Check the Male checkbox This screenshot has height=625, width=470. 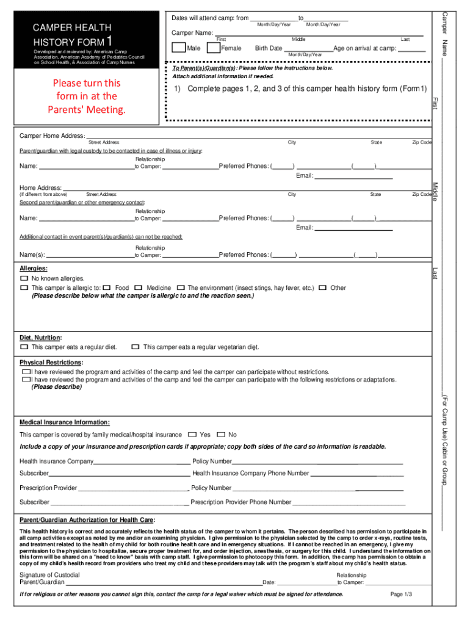click(179, 48)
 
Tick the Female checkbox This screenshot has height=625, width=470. click(214, 48)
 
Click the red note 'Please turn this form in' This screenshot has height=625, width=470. click(87, 96)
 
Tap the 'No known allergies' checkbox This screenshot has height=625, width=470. click(24, 278)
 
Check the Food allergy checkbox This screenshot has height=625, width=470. click(107, 287)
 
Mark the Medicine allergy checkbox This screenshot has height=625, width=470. click(139, 287)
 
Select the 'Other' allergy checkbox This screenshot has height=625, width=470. click(322, 287)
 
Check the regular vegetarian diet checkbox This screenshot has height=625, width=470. click(136, 347)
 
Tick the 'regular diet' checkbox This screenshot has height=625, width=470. click(24, 347)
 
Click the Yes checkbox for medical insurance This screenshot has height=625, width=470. click(192, 435)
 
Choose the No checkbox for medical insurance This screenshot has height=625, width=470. click(221, 435)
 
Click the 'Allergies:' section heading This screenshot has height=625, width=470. click(34, 269)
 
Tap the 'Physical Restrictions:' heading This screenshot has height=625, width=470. click(51, 363)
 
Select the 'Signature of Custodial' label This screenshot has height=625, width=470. click(49, 575)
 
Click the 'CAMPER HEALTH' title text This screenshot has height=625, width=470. click(72, 27)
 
